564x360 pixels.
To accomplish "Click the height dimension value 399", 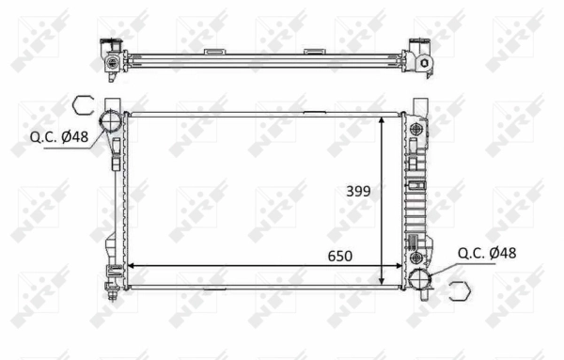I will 357,191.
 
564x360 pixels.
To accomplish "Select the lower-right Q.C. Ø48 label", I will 486,253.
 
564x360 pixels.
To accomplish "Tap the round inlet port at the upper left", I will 112,122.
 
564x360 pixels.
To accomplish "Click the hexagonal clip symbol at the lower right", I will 459,292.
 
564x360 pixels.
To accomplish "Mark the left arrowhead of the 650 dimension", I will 133,265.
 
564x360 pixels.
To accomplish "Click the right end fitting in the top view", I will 420,58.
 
